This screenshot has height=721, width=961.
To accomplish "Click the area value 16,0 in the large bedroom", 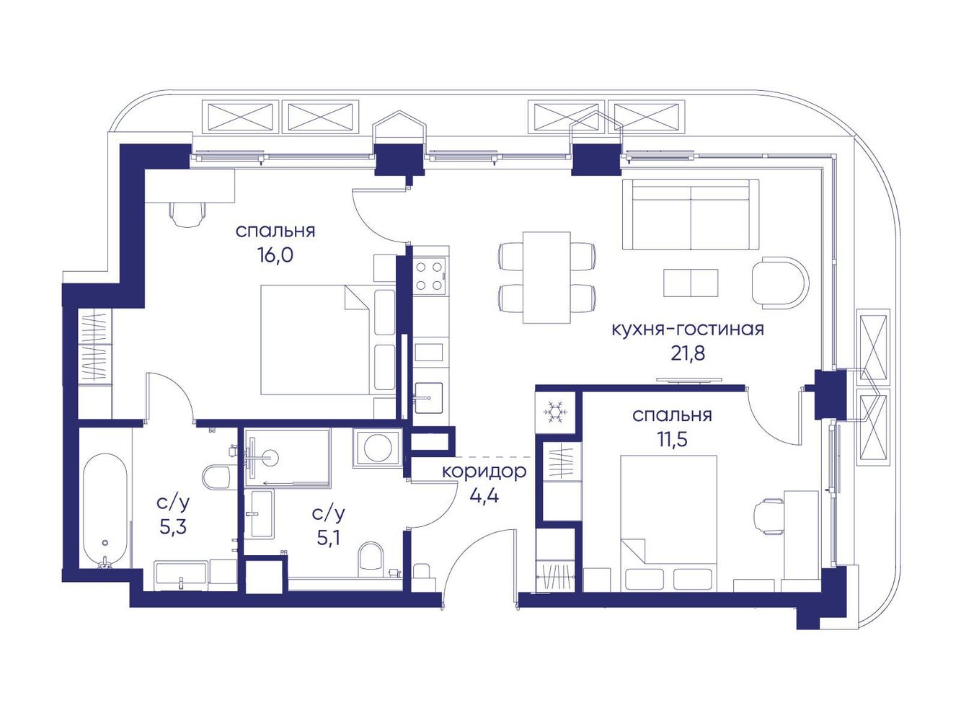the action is [276, 255].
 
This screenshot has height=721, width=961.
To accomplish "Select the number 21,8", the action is [688, 353].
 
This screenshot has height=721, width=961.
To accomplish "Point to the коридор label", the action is [484, 472].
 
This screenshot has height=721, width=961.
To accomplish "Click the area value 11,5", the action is [672, 438].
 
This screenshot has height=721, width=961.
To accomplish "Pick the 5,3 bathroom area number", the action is [173, 527].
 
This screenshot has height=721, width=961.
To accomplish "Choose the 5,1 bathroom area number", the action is [329, 539].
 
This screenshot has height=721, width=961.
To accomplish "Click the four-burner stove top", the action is [430, 276].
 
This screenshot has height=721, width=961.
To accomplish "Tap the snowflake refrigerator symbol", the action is [555, 412].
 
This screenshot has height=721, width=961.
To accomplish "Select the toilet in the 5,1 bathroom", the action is [371, 560].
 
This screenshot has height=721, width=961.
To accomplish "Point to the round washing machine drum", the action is [377, 448].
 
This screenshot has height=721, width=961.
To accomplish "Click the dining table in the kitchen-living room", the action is [547, 278].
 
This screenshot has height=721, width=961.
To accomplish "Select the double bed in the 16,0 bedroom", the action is [328, 340].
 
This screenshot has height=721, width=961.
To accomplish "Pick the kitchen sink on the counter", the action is [429, 398].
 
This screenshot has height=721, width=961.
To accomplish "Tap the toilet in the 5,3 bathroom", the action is [217, 477].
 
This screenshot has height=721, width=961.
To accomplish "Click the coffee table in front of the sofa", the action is [691, 283].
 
